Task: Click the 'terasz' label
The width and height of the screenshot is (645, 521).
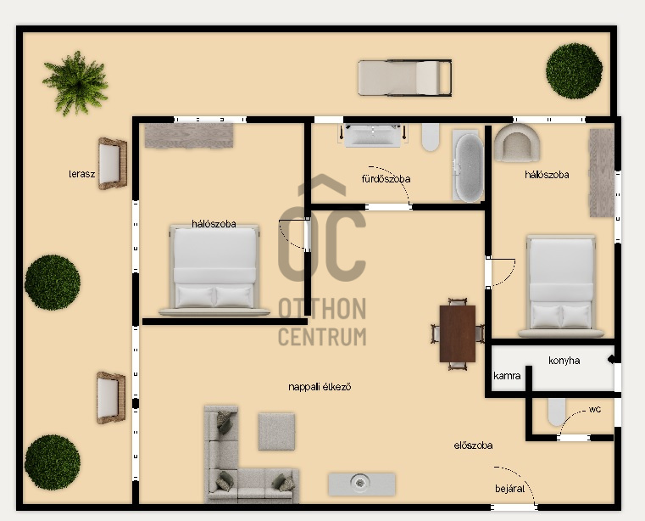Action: pyautogui.click(x=82, y=174)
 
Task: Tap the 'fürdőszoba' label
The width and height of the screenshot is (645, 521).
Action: pyautogui.click(x=386, y=179)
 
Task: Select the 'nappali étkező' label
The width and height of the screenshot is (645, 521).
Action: pyautogui.click(x=320, y=387)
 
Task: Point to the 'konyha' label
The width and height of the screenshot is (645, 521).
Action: pyautogui.click(x=564, y=361)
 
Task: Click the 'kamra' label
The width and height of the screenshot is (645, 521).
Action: pyautogui.click(x=507, y=376)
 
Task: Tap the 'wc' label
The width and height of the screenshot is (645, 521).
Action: pyautogui.click(x=595, y=409)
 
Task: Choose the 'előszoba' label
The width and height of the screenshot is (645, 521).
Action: pyautogui.click(x=473, y=445)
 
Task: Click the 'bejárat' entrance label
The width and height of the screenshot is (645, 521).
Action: pyautogui.click(x=509, y=489)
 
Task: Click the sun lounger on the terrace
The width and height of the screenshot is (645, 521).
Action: pyautogui.click(x=405, y=78)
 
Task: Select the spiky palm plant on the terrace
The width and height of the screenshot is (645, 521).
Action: pyautogui.click(x=76, y=83)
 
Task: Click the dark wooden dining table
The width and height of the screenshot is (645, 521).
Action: pyautogui.click(x=458, y=333)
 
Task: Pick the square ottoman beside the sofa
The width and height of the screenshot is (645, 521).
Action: pyautogui.click(x=276, y=431)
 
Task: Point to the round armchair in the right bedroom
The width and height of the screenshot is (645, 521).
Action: pyautogui.click(x=517, y=143)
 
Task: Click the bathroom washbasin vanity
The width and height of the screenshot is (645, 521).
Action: pyautogui.click(x=372, y=135)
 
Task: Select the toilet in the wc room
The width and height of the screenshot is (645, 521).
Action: pyautogui.click(x=557, y=412)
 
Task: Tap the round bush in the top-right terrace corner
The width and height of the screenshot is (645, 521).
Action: pyautogui.click(x=575, y=70)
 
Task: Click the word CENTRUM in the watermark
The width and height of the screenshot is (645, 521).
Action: pyautogui.click(x=322, y=337)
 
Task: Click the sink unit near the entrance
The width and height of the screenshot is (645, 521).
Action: pyautogui.click(x=362, y=485)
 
